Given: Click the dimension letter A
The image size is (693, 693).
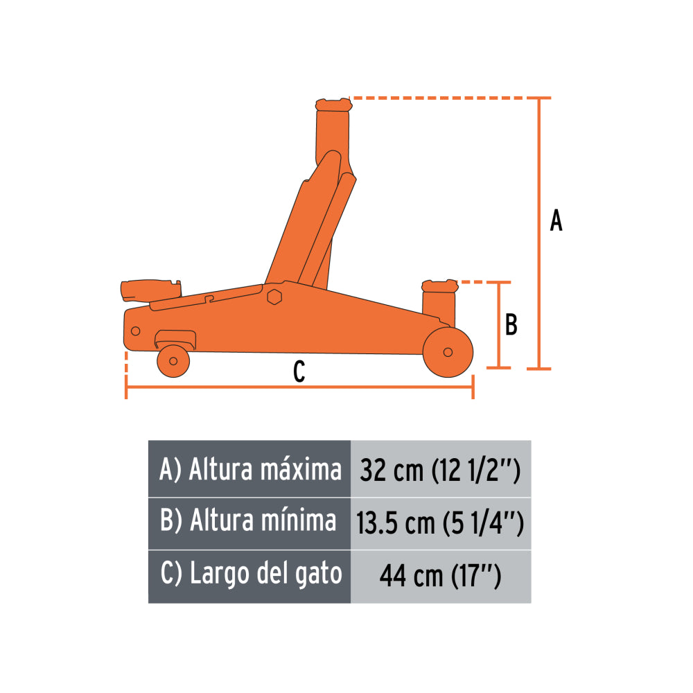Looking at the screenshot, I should click(x=556, y=221).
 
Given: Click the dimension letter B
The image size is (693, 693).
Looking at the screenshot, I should click(x=511, y=324).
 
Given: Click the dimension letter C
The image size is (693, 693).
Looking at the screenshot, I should click(x=299, y=372).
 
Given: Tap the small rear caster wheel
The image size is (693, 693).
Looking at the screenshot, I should click(x=173, y=360).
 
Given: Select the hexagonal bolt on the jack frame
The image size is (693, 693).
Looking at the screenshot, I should click(x=274, y=297).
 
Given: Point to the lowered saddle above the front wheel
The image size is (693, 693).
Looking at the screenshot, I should click(x=439, y=286).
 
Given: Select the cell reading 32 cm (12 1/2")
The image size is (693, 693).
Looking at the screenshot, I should click(x=441, y=471).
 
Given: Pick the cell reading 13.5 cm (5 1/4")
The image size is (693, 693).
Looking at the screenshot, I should click(x=441, y=523).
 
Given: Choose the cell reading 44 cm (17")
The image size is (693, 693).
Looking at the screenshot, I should click(x=441, y=575).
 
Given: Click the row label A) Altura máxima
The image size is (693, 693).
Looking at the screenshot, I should click(x=250, y=470).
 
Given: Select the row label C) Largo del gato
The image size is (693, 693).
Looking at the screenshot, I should click(x=250, y=574).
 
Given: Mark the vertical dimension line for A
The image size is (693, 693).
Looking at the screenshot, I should click(x=539, y=233).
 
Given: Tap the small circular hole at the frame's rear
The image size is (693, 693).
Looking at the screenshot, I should click(x=135, y=330).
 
